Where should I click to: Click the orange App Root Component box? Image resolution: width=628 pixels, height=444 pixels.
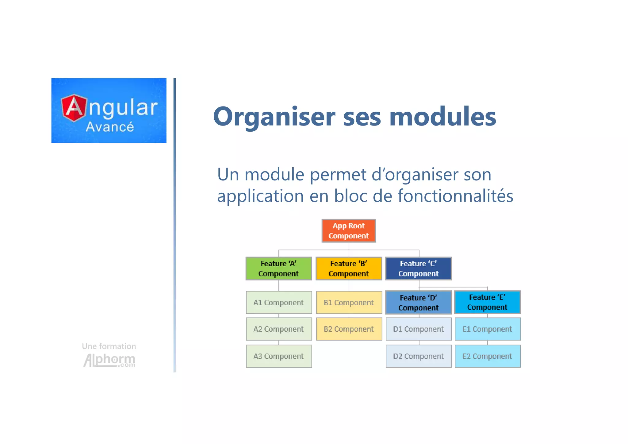point(348,231)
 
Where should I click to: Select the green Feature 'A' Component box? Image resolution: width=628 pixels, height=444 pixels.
point(278,268)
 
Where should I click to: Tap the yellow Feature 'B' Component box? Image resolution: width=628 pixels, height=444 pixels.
point(349,268)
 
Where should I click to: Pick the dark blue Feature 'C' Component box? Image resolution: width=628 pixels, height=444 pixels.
point(418,268)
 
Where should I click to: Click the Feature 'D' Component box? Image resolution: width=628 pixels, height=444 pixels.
point(418,303)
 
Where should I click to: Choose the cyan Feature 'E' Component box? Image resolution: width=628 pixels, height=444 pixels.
point(487,302)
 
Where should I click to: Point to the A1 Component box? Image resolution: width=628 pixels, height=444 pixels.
point(278,303)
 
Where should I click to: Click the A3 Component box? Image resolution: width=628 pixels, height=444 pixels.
point(278,356)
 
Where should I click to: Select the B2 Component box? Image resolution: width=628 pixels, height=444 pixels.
point(349,329)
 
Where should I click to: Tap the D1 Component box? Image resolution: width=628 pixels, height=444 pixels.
point(418,329)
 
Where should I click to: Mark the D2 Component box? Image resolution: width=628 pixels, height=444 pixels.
point(418,356)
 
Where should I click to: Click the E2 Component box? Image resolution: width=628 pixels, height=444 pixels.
point(487,356)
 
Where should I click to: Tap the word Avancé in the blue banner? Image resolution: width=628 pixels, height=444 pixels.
point(110,127)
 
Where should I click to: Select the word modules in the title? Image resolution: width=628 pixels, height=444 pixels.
point(442,117)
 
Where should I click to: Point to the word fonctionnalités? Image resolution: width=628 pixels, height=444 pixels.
point(455,196)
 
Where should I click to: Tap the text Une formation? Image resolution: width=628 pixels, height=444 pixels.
point(109,346)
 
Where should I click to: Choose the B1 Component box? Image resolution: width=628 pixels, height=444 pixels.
point(349,303)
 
